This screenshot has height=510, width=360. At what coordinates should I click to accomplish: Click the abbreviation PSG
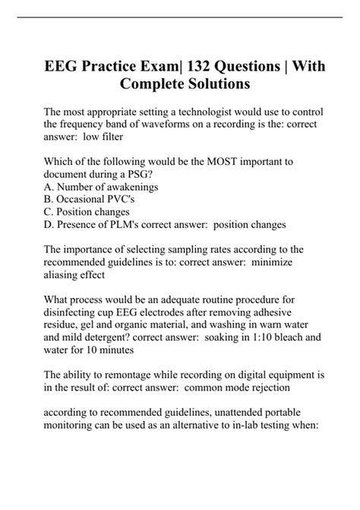[148, 176]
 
